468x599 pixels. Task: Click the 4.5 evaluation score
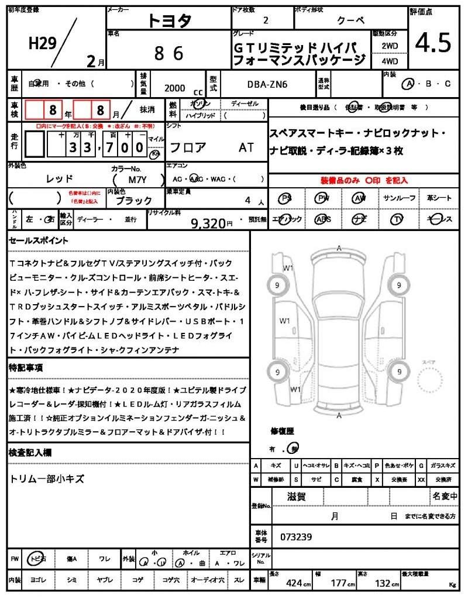[x=433, y=42]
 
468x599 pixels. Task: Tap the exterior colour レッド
[x=60, y=178]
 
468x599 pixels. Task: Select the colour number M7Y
[x=137, y=181]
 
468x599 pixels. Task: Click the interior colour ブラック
[x=133, y=200]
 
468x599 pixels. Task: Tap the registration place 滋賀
[x=297, y=497]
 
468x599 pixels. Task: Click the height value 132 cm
[x=384, y=583]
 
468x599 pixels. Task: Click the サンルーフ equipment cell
[x=400, y=198]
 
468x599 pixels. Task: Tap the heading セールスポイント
[x=39, y=240]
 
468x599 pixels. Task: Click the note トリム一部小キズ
[x=47, y=479]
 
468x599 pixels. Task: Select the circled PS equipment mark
[x=286, y=198]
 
